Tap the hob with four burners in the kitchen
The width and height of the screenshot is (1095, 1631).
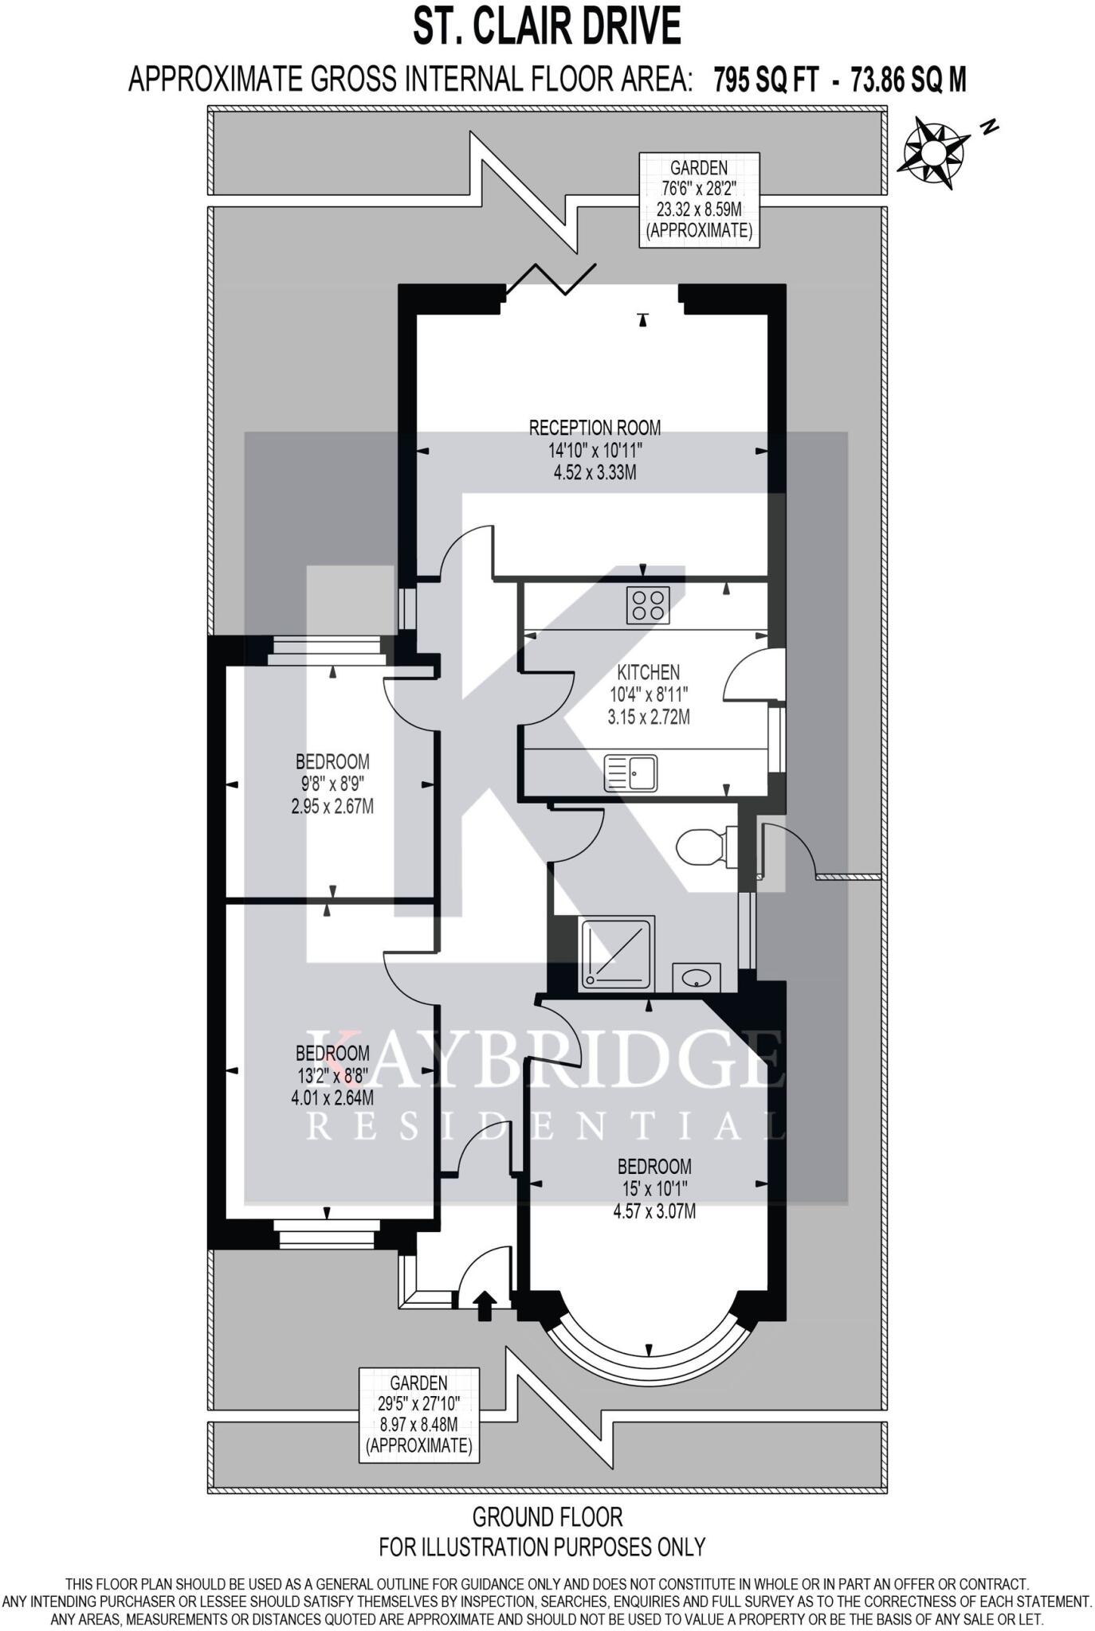[x=647, y=604]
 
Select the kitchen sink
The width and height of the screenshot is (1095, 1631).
[x=630, y=772]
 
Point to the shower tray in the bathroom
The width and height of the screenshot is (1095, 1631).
[x=618, y=953]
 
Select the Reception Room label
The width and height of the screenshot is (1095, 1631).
[x=595, y=428]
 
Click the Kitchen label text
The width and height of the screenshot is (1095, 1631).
[x=649, y=672]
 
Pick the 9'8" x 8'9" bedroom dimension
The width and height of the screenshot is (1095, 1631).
[x=332, y=783]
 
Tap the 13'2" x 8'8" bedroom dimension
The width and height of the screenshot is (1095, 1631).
[x=332, y=1075]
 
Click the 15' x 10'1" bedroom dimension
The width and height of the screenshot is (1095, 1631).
[x=653, y=1189]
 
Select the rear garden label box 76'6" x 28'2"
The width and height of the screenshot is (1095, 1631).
[x=698, y=200]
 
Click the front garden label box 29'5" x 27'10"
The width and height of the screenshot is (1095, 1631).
[x=419, y=1414]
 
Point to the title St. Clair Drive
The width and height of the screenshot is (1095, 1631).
[x=547, y=26]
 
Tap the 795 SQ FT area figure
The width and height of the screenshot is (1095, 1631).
[x=766, y=80]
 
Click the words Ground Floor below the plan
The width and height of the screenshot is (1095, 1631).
[x=547, y=1516]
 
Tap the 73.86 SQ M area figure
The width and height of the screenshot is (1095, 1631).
[x=909, y=80]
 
